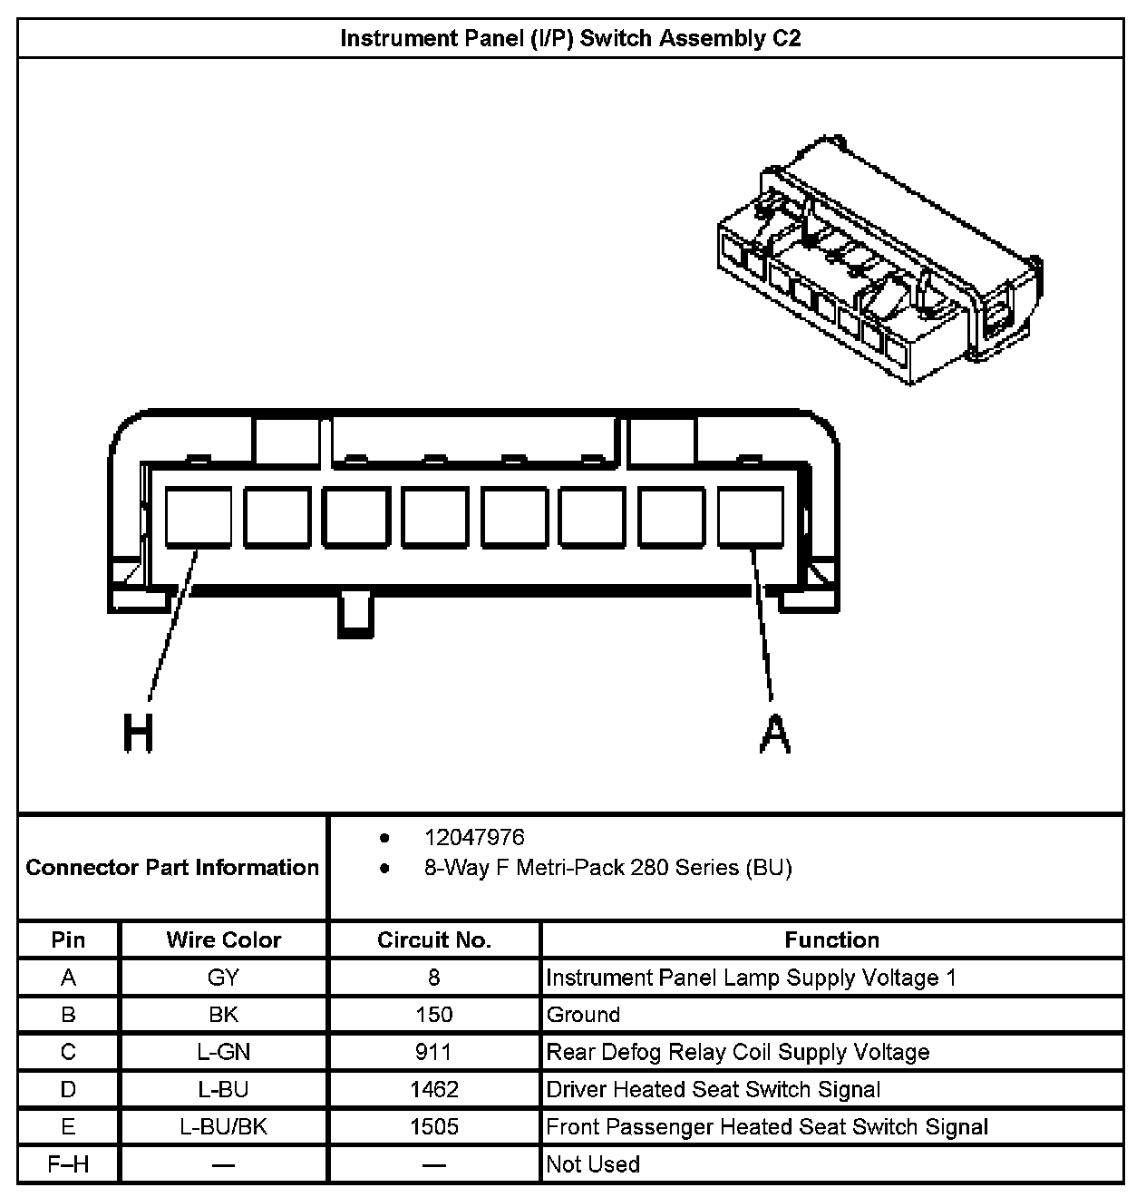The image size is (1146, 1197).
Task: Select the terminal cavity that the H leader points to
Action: pyautogui.click(x=198, y=517)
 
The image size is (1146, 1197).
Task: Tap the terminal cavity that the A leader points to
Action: pyautogui.click(x=751, y=517)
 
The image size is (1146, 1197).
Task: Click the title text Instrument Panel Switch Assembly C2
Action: pyautogui.click(x=570, y=38)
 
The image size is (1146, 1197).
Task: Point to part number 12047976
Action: pyautogui.click(x=474, y=837)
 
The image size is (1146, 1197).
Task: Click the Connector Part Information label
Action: pyautogui.click(x=172, y=868)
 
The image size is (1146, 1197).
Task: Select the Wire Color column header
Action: pyautogui.click(x=223, y=939)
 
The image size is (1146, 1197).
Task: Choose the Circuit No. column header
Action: pyautogui.click(x=433, y=939)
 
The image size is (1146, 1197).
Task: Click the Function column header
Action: pyautogui.click(x=831, y=939)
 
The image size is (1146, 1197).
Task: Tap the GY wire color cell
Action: pyautogui.click(x=223, y=978)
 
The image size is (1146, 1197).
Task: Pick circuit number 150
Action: pyautogui.click(x=433, y=1015)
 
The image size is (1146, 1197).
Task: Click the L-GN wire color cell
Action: pyautogui.click(x=223, y=1052)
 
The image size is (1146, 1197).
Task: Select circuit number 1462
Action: pyautogui.click(x=433, y=1089)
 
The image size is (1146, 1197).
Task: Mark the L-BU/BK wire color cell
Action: pyautogui.click(x=223, y=1126)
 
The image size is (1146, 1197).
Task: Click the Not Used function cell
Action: pyautogui.click(x=593, y=1163)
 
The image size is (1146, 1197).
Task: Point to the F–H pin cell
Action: pyautogui.click(x=68, y=1163)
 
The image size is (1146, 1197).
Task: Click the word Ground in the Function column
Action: pyautogui.click(x=583, y=1015)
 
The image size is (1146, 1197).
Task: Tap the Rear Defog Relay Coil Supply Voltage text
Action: pyautogui.click(x=737, y=1052)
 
